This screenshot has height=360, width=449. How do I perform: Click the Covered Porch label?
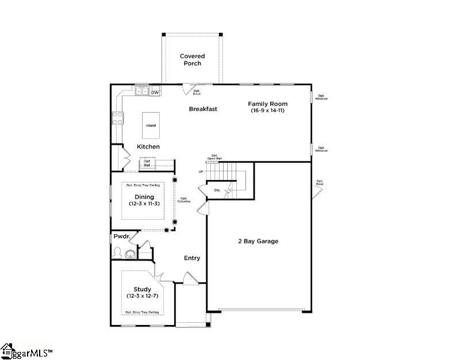[x=192, y=60]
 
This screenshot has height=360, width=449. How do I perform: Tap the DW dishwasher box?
[x=155, y=92]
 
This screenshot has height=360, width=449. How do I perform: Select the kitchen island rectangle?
[x=150, y=125]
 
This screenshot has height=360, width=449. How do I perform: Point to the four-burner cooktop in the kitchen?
[x=117, y=118]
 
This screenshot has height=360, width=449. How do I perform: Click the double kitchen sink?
[x=143, y=91]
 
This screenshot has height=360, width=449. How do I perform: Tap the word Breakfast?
[x=203, y=109]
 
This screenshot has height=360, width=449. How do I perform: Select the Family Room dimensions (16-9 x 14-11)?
[x=267, y=110]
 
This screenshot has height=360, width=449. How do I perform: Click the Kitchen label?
[x=148, y=147]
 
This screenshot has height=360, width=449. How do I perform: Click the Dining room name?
[x=144, y=197]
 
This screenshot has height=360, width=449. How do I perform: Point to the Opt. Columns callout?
[x=184, y=200]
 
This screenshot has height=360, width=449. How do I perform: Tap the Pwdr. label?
[x=121, y=236]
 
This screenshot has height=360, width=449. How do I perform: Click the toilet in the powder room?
[x=118, y=253]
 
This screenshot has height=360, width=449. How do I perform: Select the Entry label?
[x=192, y=258]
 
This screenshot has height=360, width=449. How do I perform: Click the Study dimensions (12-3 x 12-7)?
[x=143, y=296]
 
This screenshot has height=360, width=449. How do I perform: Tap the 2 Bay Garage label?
[x=258, y=241]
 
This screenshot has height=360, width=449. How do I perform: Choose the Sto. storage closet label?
[x=217, y=189]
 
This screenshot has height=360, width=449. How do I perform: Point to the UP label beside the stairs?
[x=201, y=171]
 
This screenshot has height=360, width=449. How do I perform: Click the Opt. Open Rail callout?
[x=214, y=157]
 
